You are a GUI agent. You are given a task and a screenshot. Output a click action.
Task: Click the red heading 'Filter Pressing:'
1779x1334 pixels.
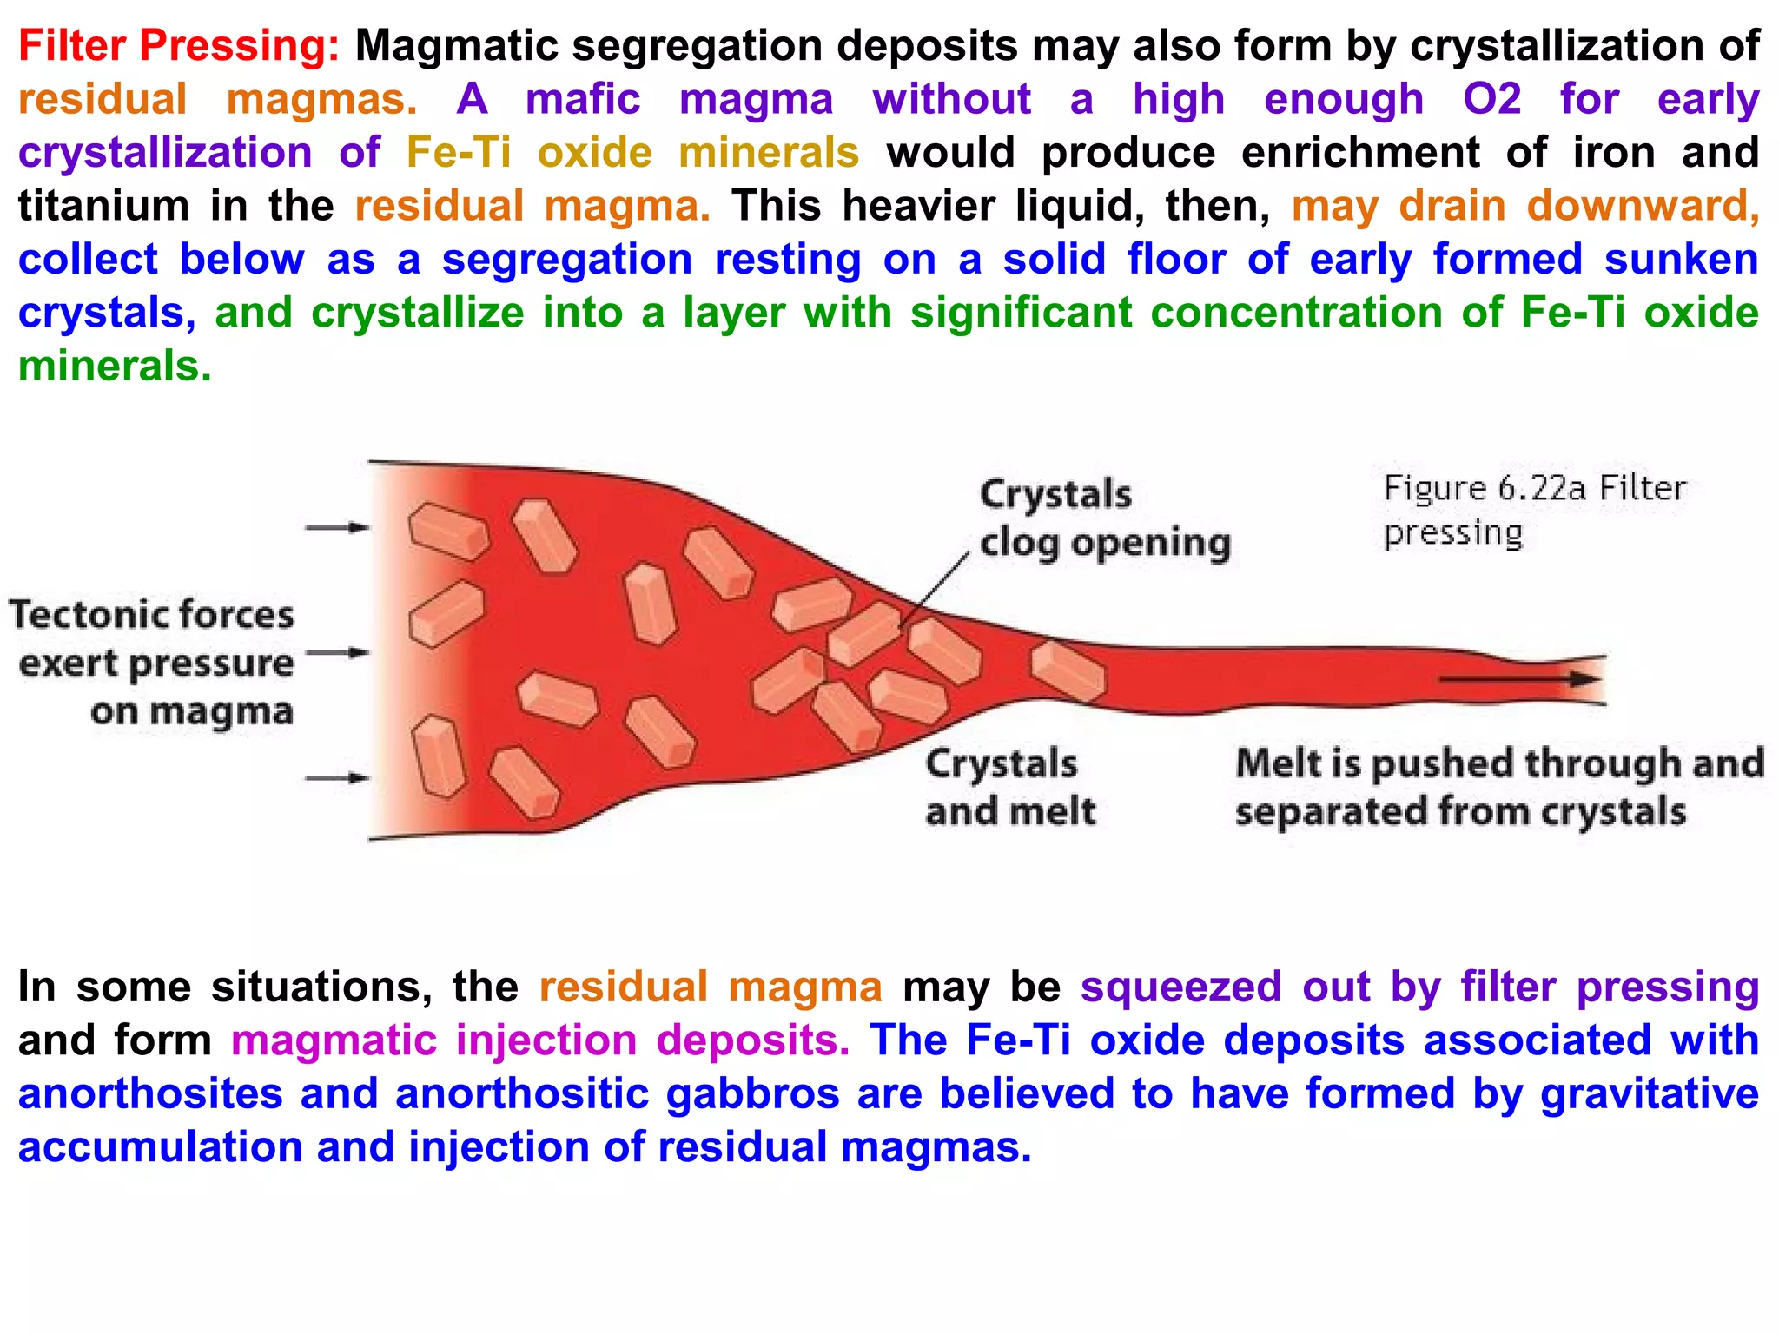click(x=178, y=46)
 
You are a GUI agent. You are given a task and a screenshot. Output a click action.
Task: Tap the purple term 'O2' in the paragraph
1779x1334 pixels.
click(x=1491, y=99)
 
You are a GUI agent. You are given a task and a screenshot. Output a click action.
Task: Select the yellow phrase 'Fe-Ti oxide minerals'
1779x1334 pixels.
click(x=632, y=153)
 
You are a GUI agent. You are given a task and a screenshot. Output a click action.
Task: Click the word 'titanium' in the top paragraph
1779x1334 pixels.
click(x=103, y=207)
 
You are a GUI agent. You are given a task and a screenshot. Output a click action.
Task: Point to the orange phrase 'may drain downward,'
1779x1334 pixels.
click(x=1524, y=207)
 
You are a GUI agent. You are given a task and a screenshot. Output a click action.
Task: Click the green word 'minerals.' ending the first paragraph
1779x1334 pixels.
click(x=115, y=367)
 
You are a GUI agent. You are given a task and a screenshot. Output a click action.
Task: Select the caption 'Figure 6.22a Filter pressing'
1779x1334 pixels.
click(x=1533, y=510)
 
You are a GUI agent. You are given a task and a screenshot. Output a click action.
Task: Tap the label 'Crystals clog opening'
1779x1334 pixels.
click(x=1104, y=518)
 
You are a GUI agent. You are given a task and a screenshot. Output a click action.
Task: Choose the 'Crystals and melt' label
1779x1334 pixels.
click(x=1009, y=787)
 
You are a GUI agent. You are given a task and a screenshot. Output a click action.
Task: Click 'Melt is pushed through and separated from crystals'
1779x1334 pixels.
click(x=1498, y=787)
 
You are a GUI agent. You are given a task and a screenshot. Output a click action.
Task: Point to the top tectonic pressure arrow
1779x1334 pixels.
click(x=337, y=527)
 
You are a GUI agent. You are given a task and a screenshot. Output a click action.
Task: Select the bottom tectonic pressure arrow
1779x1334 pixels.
click(x=337, y=778)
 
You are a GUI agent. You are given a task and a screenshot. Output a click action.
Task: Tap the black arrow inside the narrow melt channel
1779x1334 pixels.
click(x=1520, y=678)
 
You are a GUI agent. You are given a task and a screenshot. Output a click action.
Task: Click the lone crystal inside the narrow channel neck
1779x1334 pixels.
click(x=1068, y=670)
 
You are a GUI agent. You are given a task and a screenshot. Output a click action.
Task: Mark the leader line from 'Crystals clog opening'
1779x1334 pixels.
click(x=934, y=591)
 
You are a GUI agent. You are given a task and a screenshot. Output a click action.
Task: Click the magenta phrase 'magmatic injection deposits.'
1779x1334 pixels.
click(x=539, y=1040)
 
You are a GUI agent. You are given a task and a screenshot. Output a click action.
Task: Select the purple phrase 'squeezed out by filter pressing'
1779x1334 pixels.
click(x=1419, y=987)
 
